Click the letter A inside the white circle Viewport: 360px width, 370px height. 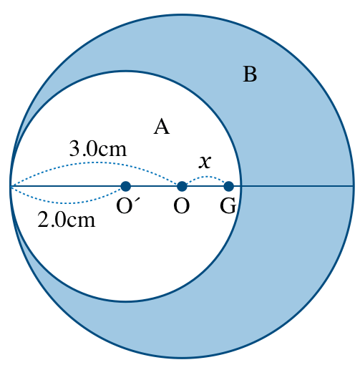162,127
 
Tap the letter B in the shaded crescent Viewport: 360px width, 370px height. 250,74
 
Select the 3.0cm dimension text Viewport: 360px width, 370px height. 98,149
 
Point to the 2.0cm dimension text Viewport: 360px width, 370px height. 67,220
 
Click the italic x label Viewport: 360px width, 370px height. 205,162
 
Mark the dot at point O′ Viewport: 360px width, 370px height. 126,186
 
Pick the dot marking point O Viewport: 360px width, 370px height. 182,186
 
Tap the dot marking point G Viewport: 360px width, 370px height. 229,186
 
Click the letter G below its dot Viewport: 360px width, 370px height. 228,205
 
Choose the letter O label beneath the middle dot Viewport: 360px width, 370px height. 182,205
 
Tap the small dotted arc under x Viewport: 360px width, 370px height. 205,177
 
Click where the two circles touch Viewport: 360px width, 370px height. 11,186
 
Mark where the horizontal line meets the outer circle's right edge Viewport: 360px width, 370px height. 354,186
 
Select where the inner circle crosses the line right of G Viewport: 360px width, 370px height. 241,186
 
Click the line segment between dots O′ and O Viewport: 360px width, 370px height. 154,186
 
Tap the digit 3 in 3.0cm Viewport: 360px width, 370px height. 74,149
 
